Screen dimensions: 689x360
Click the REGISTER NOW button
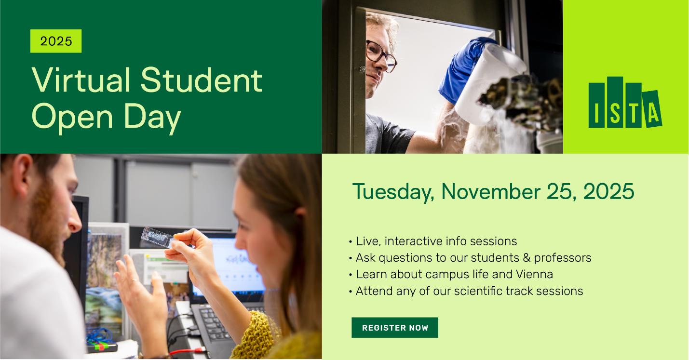coord(394,327)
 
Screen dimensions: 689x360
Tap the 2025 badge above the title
coord(56,41)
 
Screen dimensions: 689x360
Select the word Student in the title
coord(202,80)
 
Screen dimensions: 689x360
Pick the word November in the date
coord(491,191)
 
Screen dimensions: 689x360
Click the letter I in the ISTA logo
coord(596,105)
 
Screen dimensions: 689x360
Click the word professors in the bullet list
coord(563,258)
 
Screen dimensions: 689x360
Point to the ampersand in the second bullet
coord(527,258)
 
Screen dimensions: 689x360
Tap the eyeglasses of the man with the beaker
coord(380,55)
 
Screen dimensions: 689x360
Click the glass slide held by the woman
coord(157,237)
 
